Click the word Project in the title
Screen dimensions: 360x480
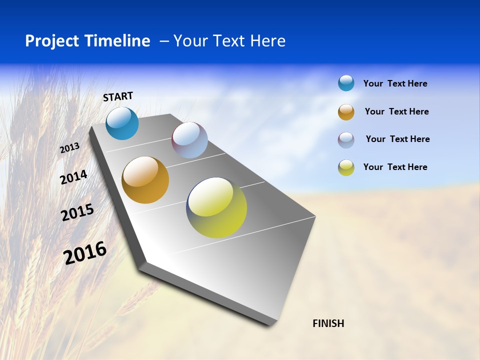(x=52, y=41)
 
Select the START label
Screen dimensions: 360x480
(x=118, y=96)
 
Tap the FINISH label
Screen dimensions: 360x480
(x=328, y=323)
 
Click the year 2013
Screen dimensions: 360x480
(x=69, y=148)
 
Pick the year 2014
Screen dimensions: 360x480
(x=73, y=177)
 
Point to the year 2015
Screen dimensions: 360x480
(x=77, y=212)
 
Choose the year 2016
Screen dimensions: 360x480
(x=85, y=253)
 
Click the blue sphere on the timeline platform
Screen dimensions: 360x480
(x=122, y=123)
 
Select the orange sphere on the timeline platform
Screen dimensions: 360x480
(x=145, y=180)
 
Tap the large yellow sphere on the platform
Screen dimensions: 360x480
(x=216, y=207)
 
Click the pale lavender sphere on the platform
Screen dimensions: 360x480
(x=189, y=140)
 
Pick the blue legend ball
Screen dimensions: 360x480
(x=346, y=83)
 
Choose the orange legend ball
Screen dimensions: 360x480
(x=346, y=112)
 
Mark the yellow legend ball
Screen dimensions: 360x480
(x=346, y=167)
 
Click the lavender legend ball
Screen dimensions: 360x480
(x=346, y=140)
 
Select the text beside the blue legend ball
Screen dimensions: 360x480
(x=395, y=83)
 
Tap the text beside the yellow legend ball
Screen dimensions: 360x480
(x=395, y=167)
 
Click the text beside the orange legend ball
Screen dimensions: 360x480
(x=396, y=111)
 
